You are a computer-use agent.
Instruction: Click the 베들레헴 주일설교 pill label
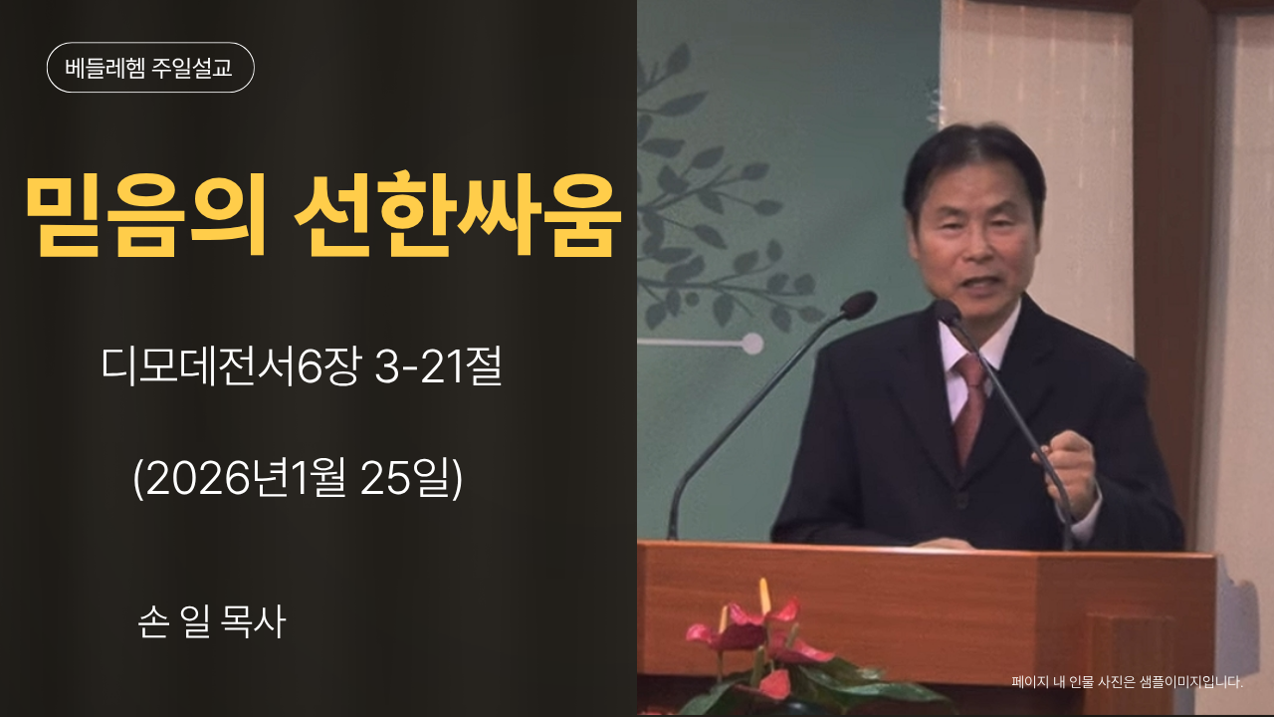[150, 68]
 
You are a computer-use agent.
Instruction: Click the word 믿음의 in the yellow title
[145, 217]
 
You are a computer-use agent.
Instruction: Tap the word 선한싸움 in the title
[458, 217]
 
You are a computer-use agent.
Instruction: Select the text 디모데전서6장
[231, 369]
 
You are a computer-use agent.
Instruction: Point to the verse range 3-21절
[438, 369]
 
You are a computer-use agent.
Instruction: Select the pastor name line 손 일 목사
[212, 622]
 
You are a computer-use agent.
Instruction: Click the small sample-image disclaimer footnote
[1127, 682]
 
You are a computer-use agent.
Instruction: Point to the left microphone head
[857, 304]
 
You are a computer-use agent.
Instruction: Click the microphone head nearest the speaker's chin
[947, 311]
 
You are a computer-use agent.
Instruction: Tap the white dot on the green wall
[752, 344]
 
